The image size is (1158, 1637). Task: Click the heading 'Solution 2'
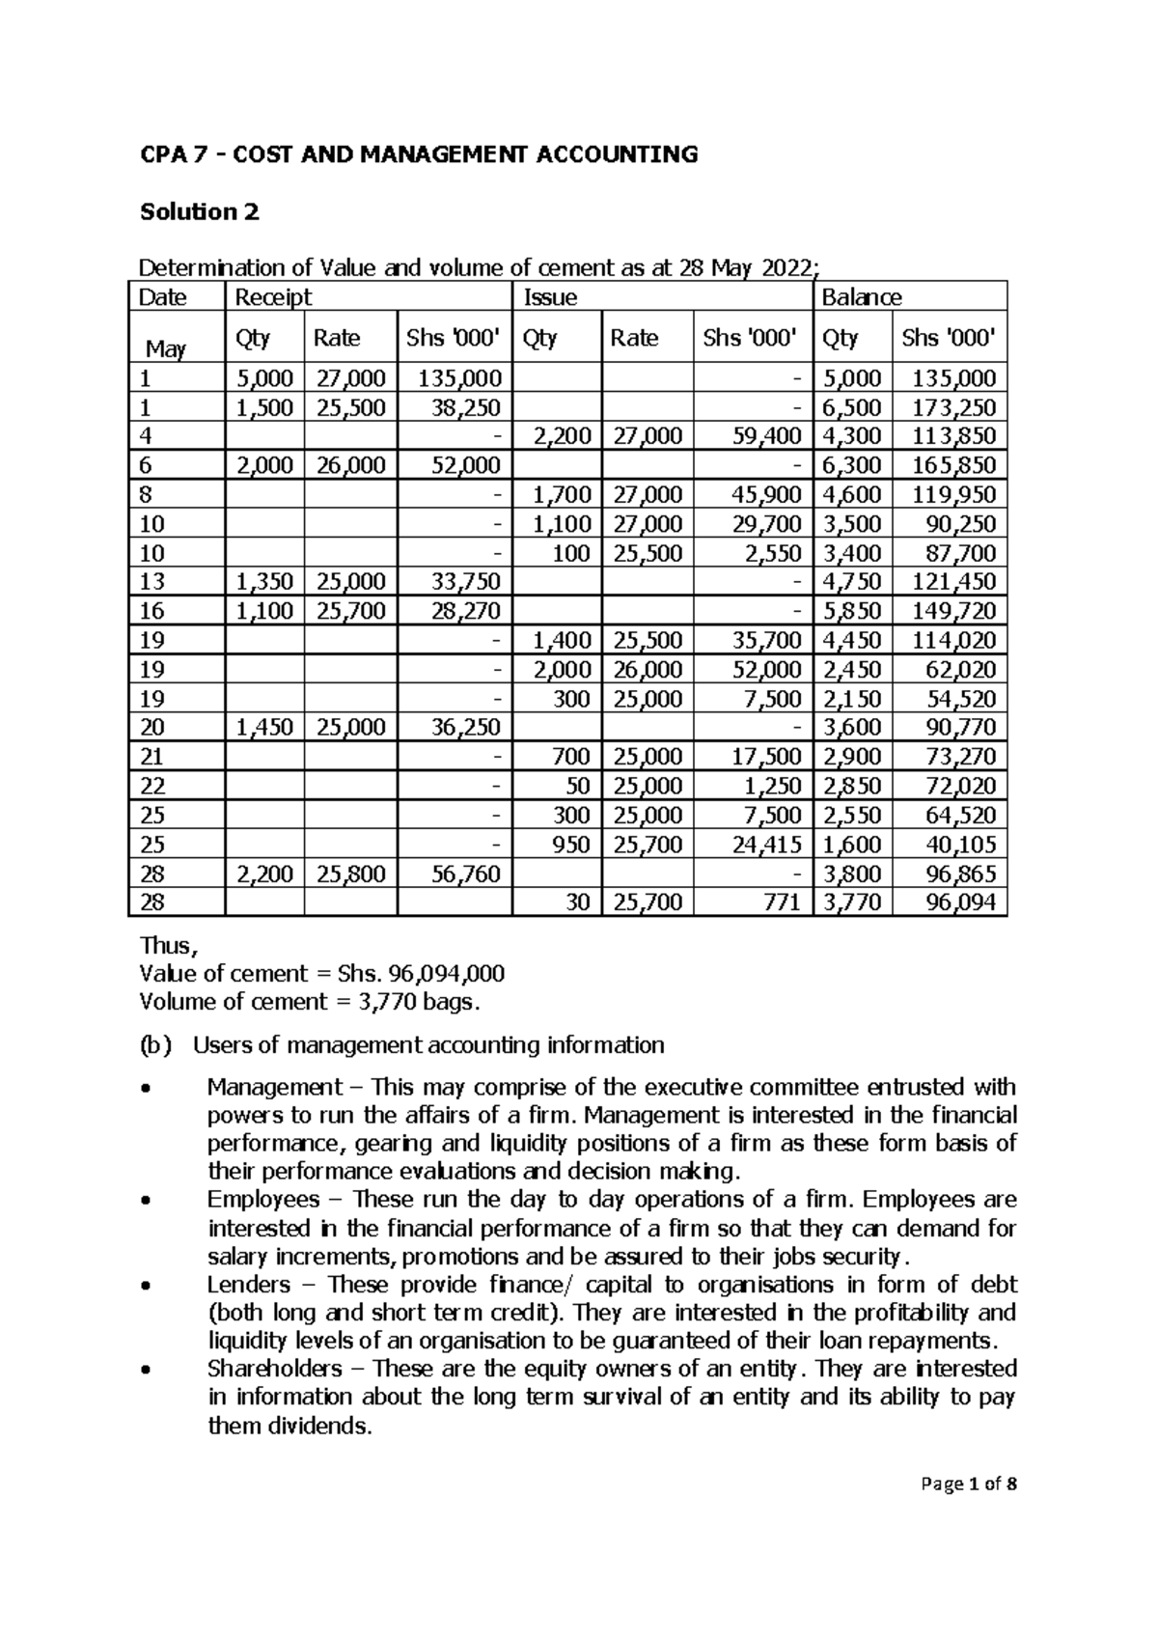pyautogui.click(x=200, y=211)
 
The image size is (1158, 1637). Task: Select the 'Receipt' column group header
pyautogui.click(x=268, y=297)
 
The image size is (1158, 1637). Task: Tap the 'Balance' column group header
pyautogui.click(x=861, y=297)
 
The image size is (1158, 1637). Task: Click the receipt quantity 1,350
pyautogui.click(x=264, y=582)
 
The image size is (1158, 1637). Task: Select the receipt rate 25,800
pyautogui.click(x=349, y=874)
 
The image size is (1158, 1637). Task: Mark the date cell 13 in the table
pyautogui.click(x=152, y=582)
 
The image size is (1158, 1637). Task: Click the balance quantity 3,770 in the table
pyautogui.click(x=854, y=903)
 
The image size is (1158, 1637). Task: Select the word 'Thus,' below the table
pyautogui.click(x=167, y=946)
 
